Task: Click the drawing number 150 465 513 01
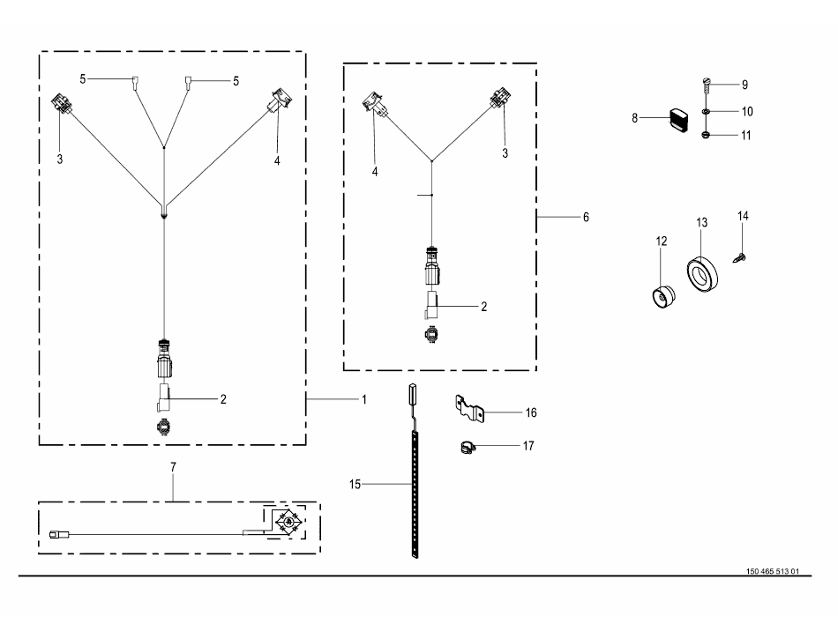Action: pyautogui.click(x=772, y=571)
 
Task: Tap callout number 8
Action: pyautogui.click(x=634, y=118)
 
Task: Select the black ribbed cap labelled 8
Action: pyautogui.click(x=679, y=120)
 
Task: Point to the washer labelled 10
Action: pyautogui.click(x=706, y=112)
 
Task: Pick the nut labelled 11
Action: pyautogui.click(x=706, y=135)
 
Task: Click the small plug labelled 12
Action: pyautogui.click(x=663, y=297)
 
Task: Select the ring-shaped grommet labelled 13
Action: pyautogui.click(x=702, y=274)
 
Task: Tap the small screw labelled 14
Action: pyautogui.click(x=739, y=258)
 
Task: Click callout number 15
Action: pyautogui.click(x=355, y=484)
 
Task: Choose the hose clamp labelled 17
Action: pyautogui.click(x=468, y=448)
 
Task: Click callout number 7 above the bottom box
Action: pyautogui.click(x=173, y=467)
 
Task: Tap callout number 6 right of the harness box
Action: pyautogui.click(x=586, y=218)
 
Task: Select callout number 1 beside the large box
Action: pyautogui.click(x=364, y=399)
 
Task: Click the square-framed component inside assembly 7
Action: pyautogui.click(x=288, y=522)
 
